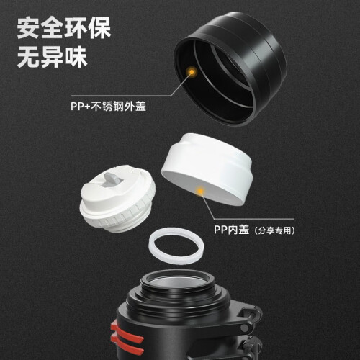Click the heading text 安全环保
click(x=64, y=27)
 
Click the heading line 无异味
click(x=52, y=57)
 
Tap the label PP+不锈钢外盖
click(x=108, y=107)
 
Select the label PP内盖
click(x=231, y=230)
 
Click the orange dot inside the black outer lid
click(x=192, y=71)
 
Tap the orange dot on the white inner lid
click(x=200, y=191)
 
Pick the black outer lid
click(x=230, y=69)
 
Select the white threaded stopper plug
click(x=117, y=199)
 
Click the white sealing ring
click(x=176, y=246)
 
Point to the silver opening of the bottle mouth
click(x=177, y=283)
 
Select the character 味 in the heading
click(x=76, y=57)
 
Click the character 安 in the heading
click(x=28, y=27)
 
